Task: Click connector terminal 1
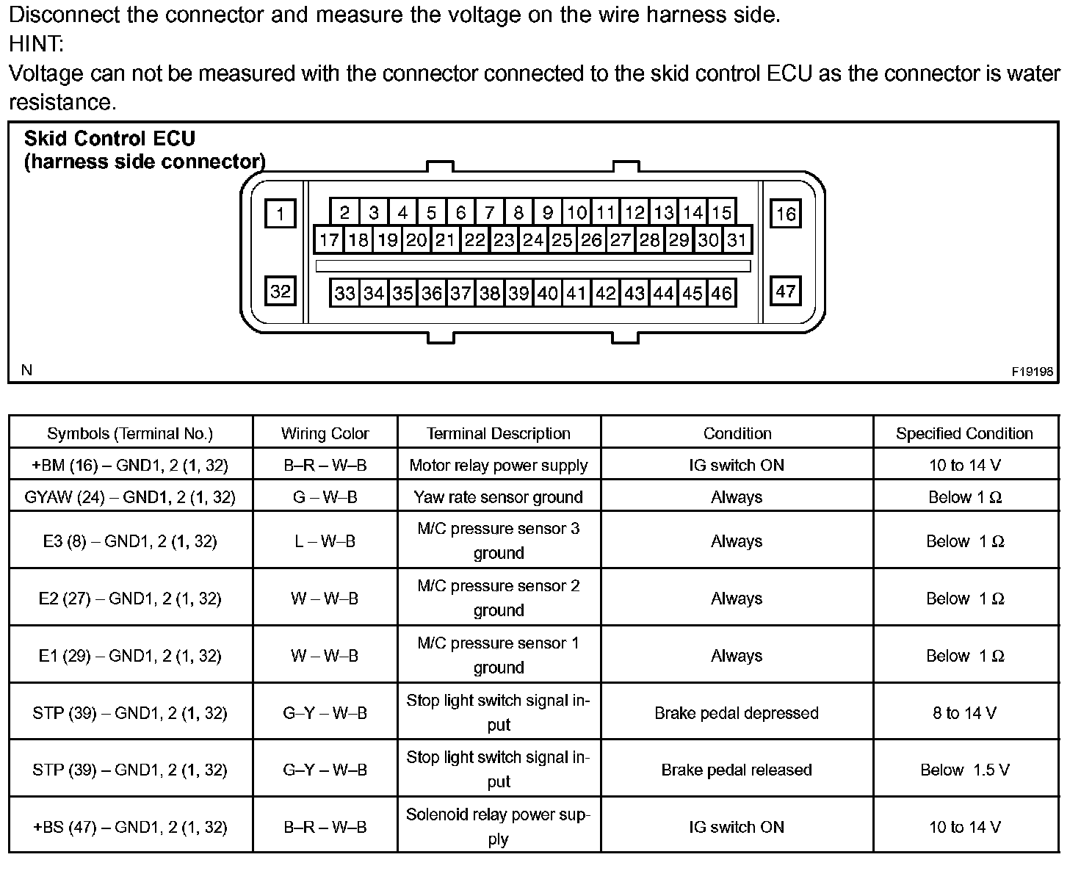pos(280,214)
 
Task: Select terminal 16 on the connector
pos(785,214)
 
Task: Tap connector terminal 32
pos(280,292)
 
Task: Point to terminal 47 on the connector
pos(785,292)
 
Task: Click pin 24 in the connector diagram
pos(532,239)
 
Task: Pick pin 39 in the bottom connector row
pos(518,293)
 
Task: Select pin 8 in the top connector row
pos(518,213)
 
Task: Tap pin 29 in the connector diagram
pos(679,239)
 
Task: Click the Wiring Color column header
pos(325,433)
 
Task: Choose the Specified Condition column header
pos(964,433)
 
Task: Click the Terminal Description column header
pos(499,433)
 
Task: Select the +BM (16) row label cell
pos(130,465)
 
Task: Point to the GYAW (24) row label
pos(130,497)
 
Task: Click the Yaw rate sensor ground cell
pos(499,497)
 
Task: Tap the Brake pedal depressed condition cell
pos(737,713)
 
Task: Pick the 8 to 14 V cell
pos(964,713)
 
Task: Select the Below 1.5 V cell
pos(964,770)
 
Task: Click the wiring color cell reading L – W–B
pos(325,541)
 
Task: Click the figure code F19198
pos(1032,372)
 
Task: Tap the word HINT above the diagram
pos(36,44)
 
